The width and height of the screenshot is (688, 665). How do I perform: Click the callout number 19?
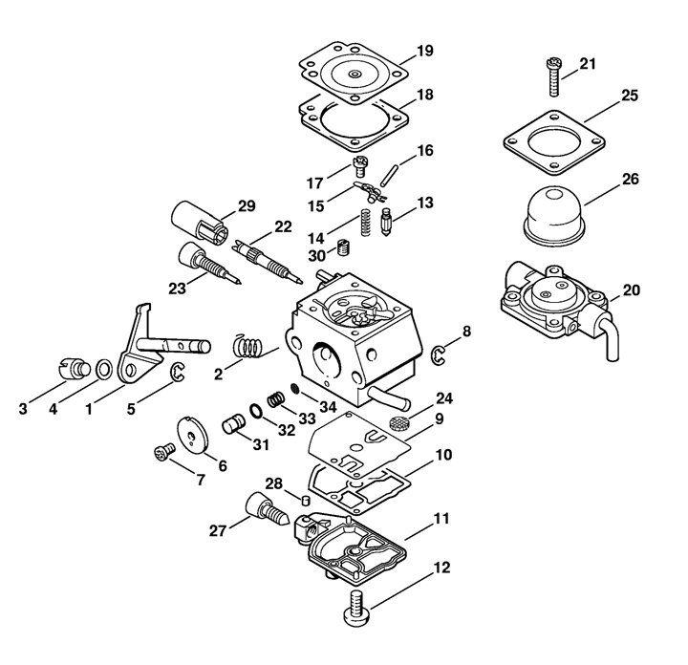[424, 51]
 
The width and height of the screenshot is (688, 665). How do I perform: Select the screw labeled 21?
[554, 76]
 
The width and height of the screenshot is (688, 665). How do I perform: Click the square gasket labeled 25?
[553, 141]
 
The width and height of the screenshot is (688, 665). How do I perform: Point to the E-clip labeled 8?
[438, 354]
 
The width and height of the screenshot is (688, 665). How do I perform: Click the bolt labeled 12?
[356, 608]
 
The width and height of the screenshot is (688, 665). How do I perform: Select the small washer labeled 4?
[103, 370]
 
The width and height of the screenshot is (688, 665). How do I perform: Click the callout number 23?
[178, 289]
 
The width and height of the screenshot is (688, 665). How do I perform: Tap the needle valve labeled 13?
[387, 223]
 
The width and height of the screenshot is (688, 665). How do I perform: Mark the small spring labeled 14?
[365, 223]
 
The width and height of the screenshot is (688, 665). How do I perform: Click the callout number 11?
[441, 519]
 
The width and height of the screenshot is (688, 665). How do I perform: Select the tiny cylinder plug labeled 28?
[307, 500]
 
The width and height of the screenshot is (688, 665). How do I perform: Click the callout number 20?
[632, 290]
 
